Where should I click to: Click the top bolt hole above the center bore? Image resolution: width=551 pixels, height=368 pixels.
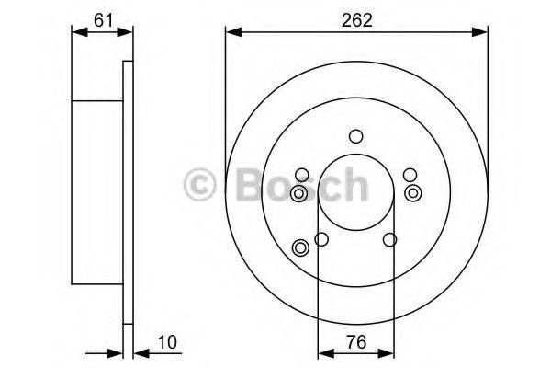point(355,136)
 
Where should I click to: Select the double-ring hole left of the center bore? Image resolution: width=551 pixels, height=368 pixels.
point(298,193)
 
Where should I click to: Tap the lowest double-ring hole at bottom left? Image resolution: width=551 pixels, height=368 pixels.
point(299,247)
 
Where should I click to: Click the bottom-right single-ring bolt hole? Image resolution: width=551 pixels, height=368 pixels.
point(389,240)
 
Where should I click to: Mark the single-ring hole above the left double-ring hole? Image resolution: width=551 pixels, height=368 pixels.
point(301,173)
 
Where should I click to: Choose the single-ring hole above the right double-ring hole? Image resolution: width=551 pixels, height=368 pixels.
point(410,173)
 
